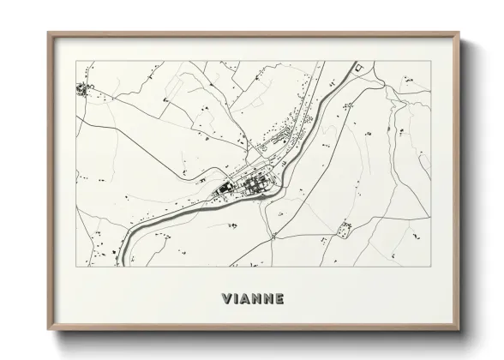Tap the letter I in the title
click(x=238, y=300)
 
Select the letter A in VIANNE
click(x=249, y=300)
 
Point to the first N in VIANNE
click(x=260, y=300)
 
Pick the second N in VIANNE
click(x=272, y=300)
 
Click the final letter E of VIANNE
click(x=283, y=300)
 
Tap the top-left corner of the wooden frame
click(x=48, y=33)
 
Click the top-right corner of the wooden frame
click(x=459, y=33)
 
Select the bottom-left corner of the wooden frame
click(x=48, y=331)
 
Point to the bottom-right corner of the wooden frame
click(x=459, y=331)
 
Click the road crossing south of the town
click(x=273, y=235)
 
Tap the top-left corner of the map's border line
click(x=75, y=62)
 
